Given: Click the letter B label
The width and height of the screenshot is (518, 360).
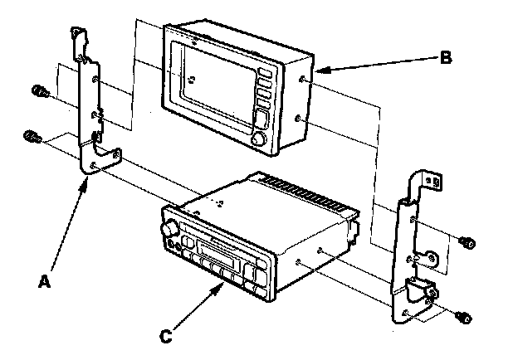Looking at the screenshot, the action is [446, 58].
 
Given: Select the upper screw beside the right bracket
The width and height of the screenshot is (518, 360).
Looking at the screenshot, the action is [467, 241].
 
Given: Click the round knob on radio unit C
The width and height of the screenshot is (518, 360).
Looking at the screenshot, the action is [170, 227].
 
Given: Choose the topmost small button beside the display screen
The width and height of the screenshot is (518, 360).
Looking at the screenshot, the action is [264, 73].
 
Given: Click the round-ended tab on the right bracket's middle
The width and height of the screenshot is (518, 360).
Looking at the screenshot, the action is [432, 256].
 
